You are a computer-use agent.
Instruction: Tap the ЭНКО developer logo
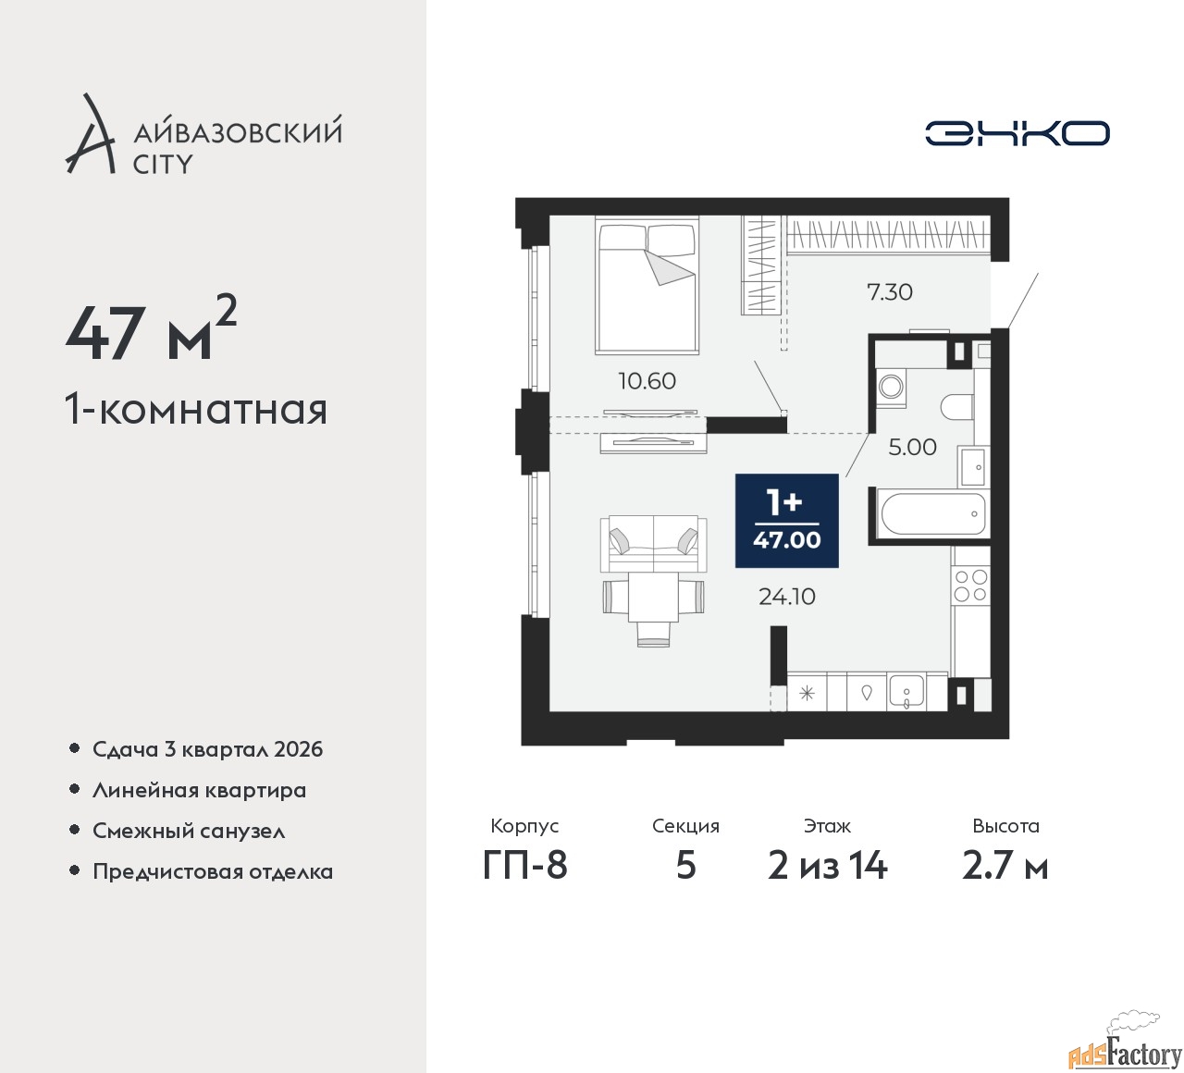[1017, 133]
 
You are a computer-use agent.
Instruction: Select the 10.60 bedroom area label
[647, 381]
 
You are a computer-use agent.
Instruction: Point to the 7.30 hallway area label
[890, 292]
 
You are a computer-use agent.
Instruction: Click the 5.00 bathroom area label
[912, 448]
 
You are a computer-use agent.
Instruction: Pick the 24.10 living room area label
[787, 597]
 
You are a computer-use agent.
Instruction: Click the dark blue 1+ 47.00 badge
[787, 521]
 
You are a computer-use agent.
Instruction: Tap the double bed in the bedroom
[647, 286]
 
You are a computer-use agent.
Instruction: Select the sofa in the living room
[653, 543]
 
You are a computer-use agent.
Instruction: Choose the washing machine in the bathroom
[890, 388]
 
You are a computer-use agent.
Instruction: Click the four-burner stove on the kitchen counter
[970, 586]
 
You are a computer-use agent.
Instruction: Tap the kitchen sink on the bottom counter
[906, 692]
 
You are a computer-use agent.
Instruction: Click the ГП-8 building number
[524, 866]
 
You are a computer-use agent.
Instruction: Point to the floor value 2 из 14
[828, 866]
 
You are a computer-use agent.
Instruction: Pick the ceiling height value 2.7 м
[1005, 866]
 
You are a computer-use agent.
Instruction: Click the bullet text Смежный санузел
[189, 831]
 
